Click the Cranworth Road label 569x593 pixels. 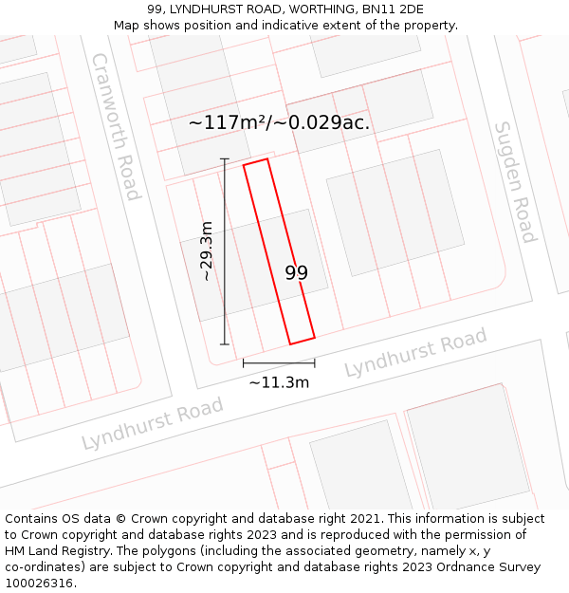116,126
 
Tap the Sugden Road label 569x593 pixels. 515,181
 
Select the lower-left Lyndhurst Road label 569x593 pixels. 152,423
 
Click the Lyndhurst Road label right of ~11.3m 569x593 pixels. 415,352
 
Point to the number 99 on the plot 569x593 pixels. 296,273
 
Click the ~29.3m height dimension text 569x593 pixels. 207,251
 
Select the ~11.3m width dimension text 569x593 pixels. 279,382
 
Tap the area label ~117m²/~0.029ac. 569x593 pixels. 279,122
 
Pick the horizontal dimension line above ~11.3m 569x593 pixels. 279,362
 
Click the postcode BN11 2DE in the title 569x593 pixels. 398,9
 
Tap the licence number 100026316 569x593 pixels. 39,583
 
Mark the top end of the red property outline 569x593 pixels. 256,161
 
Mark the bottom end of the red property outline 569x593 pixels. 302,341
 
